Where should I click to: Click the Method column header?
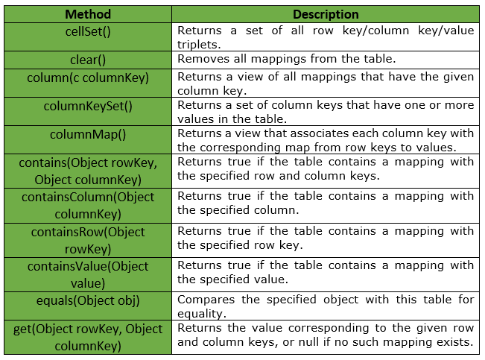pyautogui.click(x=88, y=14)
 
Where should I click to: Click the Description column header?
pyautogui.click(x=326, y=14)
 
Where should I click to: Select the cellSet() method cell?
pyautogui.click(x=88, y=37)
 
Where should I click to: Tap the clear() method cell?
pyautogui.click(x=88, y=60)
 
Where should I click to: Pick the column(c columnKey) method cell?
pyautogui.click(x=88, y=83)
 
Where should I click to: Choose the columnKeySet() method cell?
pyautogui.click(x=88, y=112)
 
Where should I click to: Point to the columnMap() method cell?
pyautogui.click(x=88, y=139)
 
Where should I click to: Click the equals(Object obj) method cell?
pyautogui.click(x=88, y=306)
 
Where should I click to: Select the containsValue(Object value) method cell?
pyautogui.click(x=88, y=274)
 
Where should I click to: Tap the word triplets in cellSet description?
pyautogui.click(x=199, y=45)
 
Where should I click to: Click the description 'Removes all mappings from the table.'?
pyautogui.click(x=286, y=59)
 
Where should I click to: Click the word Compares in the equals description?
pyautogui.click(x=206, y=300)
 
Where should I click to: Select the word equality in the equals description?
pyautogui.click(x=202, y=314)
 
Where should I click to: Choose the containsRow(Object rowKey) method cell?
pyautogui.click(x=88, y=240)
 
